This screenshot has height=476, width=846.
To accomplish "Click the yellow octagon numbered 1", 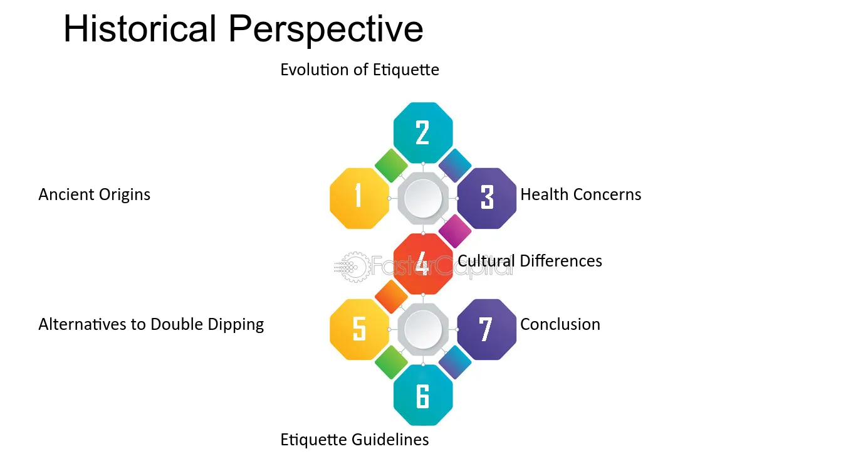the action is [x=359, y=198].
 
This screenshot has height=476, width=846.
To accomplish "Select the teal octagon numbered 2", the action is [x=423, y=133].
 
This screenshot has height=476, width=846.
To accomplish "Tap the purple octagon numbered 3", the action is [x=487, y=198].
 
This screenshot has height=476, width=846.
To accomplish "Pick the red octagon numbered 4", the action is [x=423, y=264].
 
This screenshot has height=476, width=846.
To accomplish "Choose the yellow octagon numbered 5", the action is [x=359, y=329].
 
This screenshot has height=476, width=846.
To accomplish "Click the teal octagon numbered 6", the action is [x=423, y=395].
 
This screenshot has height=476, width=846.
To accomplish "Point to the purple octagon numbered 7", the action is [x=487, y=329].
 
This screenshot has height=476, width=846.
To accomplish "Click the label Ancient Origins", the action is [x=95, y=194].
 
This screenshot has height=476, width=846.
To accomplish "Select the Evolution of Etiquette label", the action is [x=360, y=70].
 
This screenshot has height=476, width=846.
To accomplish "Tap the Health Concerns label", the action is [x=581, y=194].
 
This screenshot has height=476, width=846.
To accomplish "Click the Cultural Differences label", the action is [x=530, y=261].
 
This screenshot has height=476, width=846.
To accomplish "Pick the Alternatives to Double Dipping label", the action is [x=151, y=325].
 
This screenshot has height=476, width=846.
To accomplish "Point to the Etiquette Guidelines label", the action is [x=355, y=440].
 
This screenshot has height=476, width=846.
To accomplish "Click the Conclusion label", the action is [x=560, y=324].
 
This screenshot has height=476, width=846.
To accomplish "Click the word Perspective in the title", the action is [x=326, y=30].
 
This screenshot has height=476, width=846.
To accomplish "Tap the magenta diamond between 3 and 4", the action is [x=455, y=231].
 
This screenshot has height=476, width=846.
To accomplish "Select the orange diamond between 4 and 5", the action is [x=391, y=297].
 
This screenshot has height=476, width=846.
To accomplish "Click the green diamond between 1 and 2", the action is [x=391, y=165].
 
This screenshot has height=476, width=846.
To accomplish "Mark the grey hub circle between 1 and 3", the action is [x=423, y=198].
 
